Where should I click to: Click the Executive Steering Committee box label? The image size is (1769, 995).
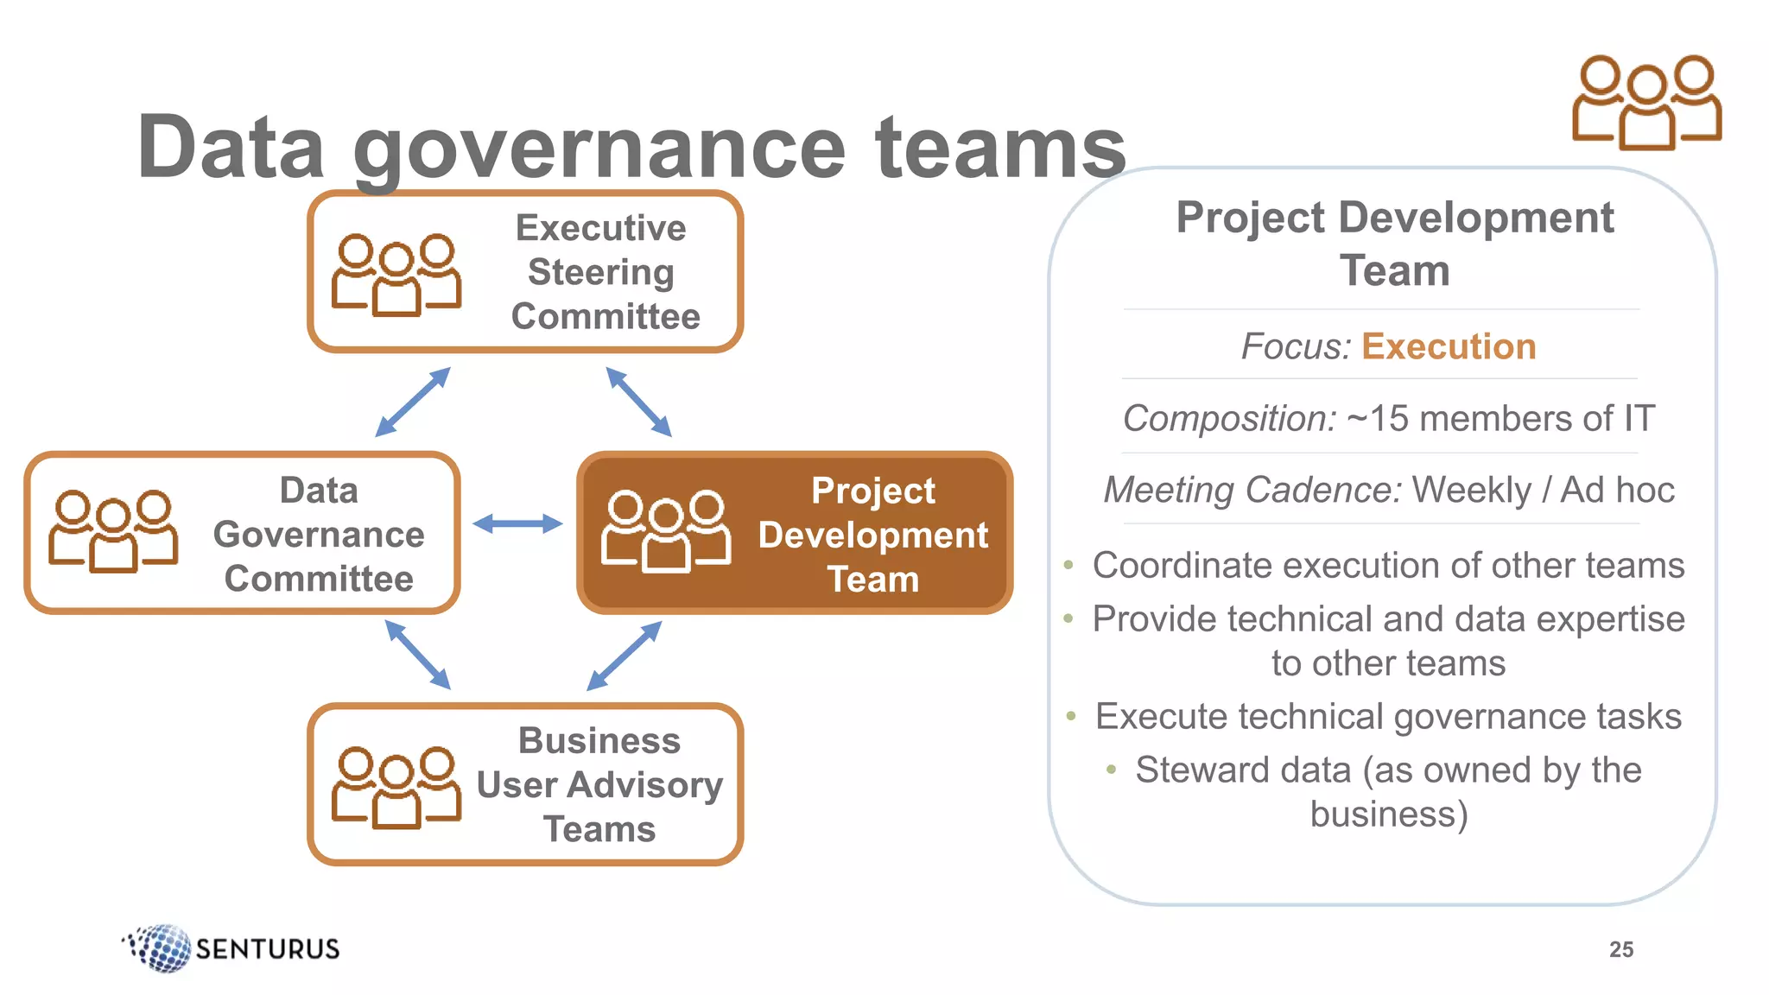tap(604, 272)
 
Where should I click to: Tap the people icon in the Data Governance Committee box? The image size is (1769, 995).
tap(113, 531)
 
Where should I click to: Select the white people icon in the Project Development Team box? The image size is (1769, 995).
tap(666, 531)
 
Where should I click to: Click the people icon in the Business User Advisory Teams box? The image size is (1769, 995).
tap(396, 787)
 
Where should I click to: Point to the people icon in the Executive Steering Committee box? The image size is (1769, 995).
tap(396, 274)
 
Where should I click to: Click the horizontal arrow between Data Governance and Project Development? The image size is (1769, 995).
tap(517, 523)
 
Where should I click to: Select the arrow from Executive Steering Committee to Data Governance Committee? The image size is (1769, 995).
tap(413, 402)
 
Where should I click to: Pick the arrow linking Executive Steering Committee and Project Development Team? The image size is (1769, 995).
tap(638, 402)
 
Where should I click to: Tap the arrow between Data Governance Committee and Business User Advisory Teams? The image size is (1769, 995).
tap(418, 655)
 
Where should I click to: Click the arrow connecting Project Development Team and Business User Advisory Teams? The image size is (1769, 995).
tap(625, 656)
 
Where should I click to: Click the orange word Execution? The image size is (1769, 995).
tap(1449, 346)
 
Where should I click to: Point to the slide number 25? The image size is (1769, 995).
tap(1621, 949)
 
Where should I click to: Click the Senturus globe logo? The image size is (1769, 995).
tap(160, 947)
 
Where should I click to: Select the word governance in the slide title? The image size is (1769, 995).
tap(599, 149)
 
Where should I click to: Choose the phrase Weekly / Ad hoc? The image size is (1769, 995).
tap(1543, 491)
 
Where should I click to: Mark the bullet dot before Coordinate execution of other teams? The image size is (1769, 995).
tap(1069, 566)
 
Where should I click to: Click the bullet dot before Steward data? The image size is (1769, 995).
tap(1112, 769)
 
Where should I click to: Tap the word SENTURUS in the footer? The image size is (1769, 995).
tap(268, 949)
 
